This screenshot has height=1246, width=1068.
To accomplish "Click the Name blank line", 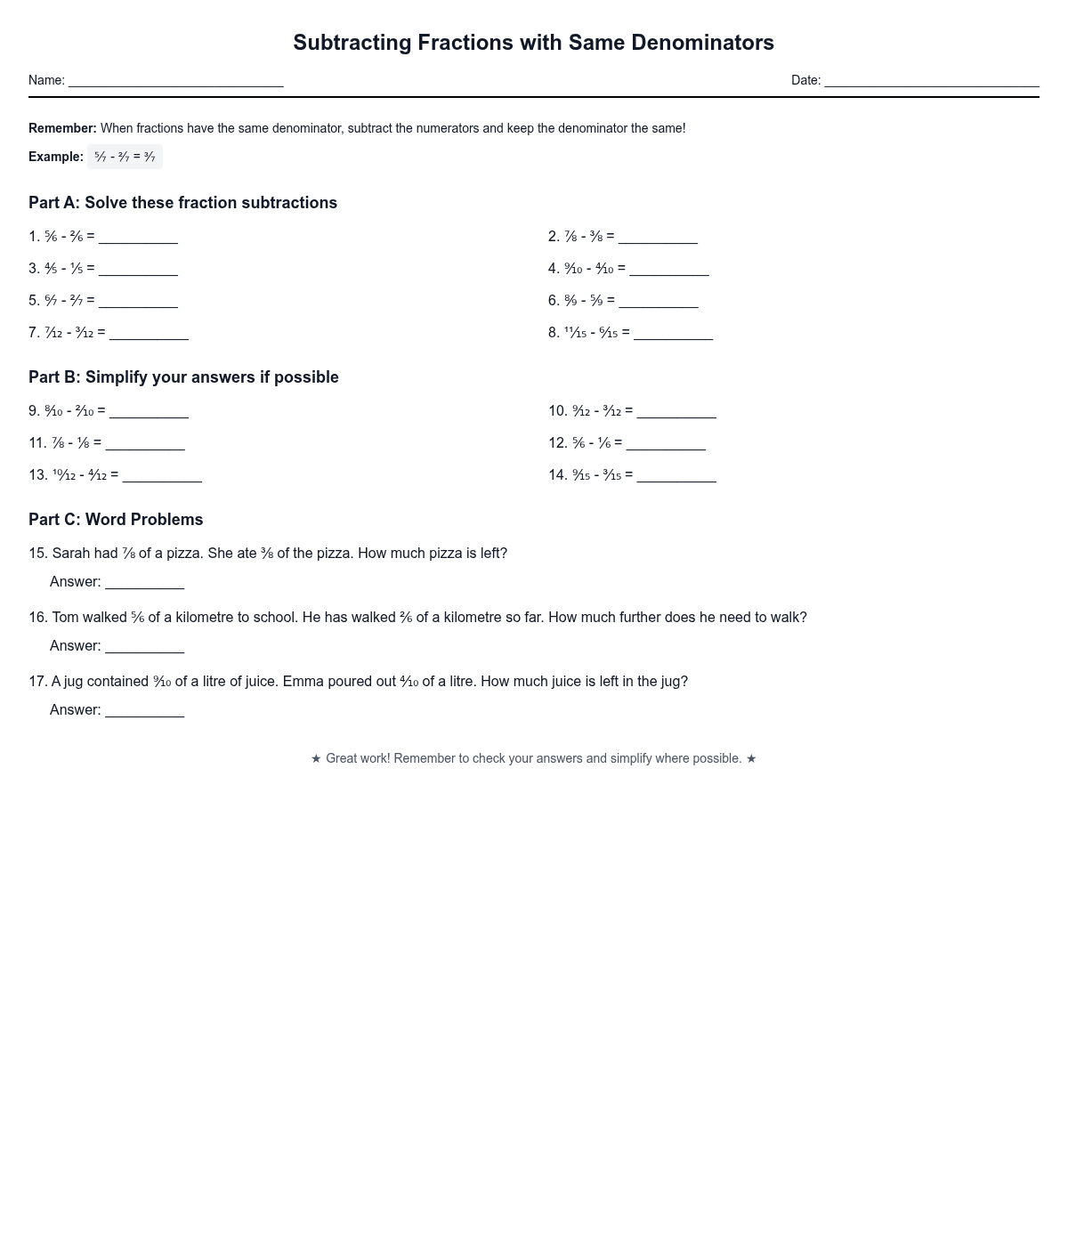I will pyautogui.click(x=175, y=81).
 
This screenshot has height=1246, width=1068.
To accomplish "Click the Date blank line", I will pyautogui.click(x=931, y=81).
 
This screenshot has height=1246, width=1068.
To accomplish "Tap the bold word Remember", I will pyautogui.click(x=62, y=128).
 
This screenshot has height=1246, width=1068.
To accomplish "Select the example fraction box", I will pyautogui.click(x=125, y=157).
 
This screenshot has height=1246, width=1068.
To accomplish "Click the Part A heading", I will pyautogui.click(x=182, y=203).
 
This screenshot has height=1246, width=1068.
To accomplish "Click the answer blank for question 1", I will pyautogui.click(x=138, y=237).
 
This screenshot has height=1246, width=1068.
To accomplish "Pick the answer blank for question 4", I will pyautogui.click(x=668, y=269).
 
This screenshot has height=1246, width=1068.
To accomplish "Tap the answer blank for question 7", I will pyautogui.click(x=149, y=333).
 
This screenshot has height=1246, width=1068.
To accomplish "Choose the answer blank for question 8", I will pyautogui.click(x=673, y=333).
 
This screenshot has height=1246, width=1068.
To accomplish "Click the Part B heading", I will pyautogui.click(x=183, y=377).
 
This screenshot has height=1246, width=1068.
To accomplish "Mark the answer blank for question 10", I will pyautogui.click(x=676, y=411).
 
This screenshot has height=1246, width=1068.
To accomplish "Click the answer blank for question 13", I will pyautogui.click(x=162, y=475).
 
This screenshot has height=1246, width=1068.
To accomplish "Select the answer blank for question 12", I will pyautogui.click(x=666, y=443).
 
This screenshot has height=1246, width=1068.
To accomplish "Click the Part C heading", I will pyautogui.click(x=116, y=520).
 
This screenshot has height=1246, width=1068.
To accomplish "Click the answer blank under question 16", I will pyautogui.click(x=144, y=646).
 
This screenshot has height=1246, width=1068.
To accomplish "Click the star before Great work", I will pyautogui.click(x=316, y=759).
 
